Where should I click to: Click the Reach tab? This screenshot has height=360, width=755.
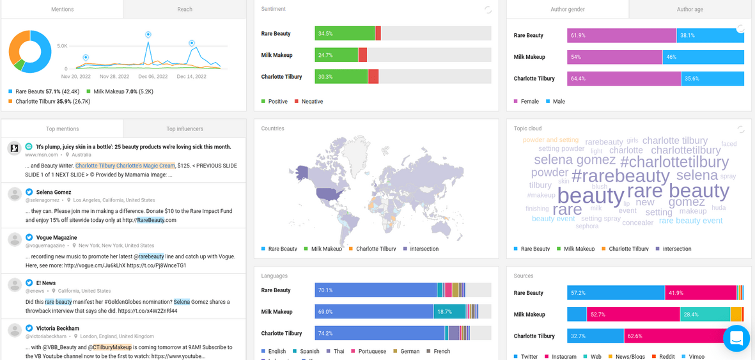[185, 10]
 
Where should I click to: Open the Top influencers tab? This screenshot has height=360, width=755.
[185, 129]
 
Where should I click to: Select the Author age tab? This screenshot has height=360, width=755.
[690, 10]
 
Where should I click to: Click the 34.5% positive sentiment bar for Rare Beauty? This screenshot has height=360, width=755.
[345, 33]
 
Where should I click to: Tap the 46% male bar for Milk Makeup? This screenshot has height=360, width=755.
[703, 57]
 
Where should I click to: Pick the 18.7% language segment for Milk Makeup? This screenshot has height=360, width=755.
[449, 311]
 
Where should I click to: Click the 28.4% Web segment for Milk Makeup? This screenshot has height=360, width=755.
[705, 314]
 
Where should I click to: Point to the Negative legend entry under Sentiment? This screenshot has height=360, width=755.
[311, 102]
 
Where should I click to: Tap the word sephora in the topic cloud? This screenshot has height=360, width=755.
[587, 226]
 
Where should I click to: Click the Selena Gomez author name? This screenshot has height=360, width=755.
[54, 192]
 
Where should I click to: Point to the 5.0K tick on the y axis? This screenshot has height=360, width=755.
[62, 46]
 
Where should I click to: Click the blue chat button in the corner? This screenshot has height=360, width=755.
[736, 338]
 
